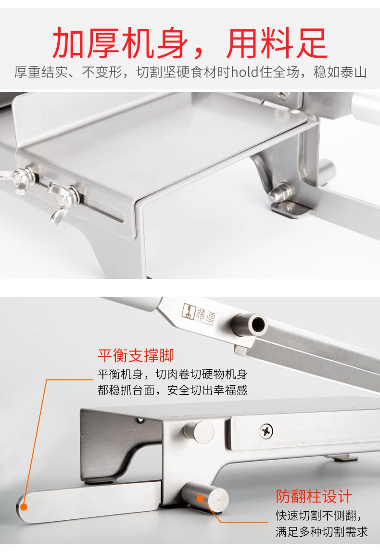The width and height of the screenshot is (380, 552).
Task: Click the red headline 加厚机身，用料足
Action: point(190,43)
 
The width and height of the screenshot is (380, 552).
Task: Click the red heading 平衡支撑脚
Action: point(136,355)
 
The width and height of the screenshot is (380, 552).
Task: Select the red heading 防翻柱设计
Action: point(314,496)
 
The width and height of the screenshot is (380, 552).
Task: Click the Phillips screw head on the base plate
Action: point(266,432)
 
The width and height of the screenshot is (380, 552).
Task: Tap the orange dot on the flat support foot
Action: point(24,507)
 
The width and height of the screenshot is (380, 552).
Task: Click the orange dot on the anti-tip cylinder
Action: point(201,498)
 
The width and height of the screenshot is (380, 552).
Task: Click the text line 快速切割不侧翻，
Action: point(319,515)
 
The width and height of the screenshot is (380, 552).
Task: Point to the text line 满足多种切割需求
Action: point(321,532)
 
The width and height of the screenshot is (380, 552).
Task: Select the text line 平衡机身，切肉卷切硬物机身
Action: point(173,374)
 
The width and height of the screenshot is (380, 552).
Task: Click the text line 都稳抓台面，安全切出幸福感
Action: point(173,390)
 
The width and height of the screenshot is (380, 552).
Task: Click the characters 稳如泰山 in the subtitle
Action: point(340,72)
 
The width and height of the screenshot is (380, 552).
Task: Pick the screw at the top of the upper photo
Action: point(283,95)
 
